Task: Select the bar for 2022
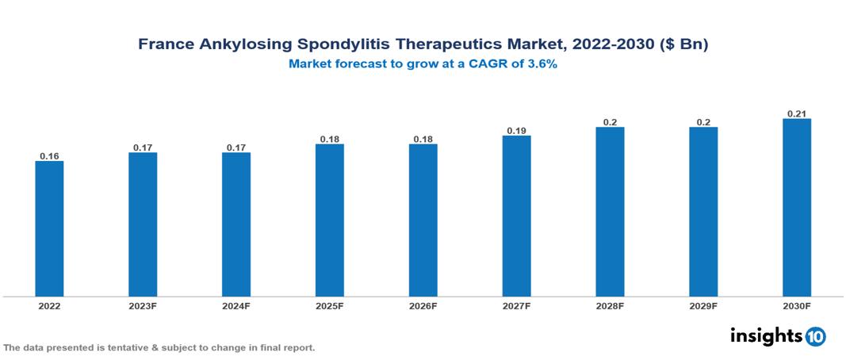[x=49, y=229]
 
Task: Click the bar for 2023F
[x=143, y=224]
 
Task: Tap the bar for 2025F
[x=330, y=220]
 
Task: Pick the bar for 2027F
[x=516, y=216]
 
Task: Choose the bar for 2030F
[x=797, y=208]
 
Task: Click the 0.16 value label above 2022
[x=49, y=156]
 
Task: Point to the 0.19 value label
[x=516, y=130]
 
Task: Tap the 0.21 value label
[x=797, y=113]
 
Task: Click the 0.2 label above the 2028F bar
[x=610, y=122]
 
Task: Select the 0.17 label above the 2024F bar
[x=236, y=147]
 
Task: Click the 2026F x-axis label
[x=423, y=306]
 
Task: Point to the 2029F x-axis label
[x=703, y=306]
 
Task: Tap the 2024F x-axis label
[x=236, y=306]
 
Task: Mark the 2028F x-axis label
[x=610, y=306]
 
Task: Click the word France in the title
[x=164, y=44]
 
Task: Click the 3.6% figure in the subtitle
[x=541, y=64]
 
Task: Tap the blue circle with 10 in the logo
[x=815, y=336]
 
